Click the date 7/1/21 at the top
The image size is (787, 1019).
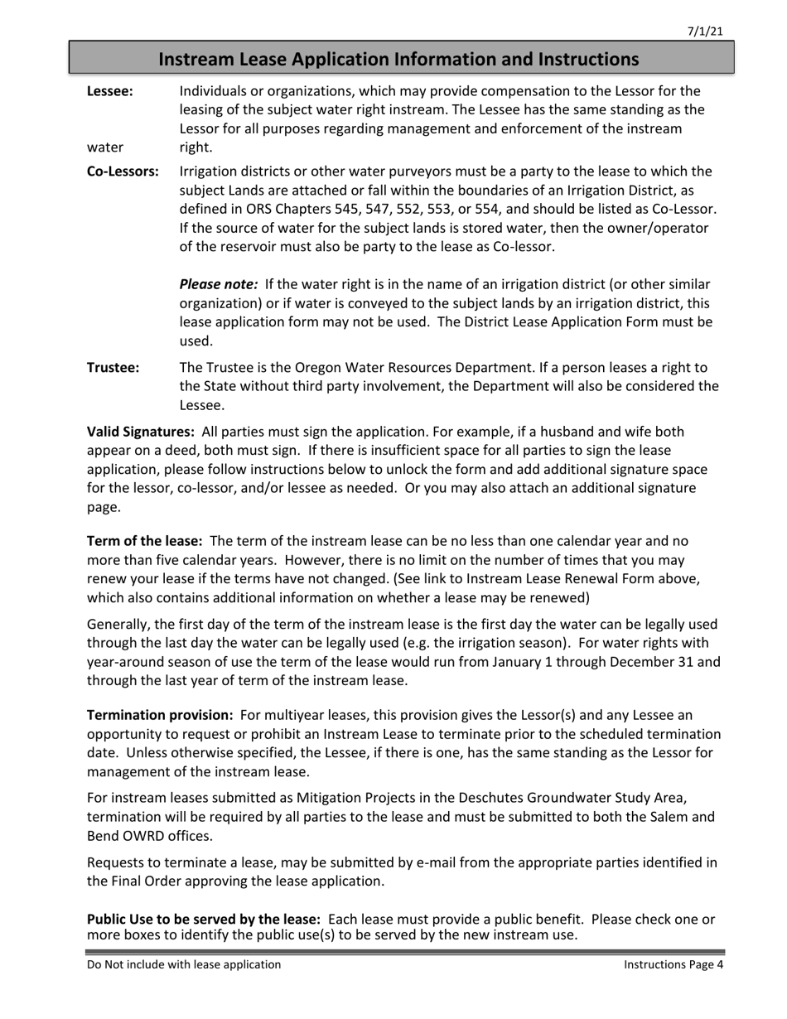click(706, 31)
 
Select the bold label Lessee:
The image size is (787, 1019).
click(109, 91)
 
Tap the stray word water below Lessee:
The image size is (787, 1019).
click(105, 147)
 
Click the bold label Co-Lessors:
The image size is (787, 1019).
click(123, 171)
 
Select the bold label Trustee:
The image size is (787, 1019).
click(113, 367)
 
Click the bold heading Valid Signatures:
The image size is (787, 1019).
click(141, 432)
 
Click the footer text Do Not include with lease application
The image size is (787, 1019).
click(184, 964)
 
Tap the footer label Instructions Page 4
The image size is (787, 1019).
click(674, 964)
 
